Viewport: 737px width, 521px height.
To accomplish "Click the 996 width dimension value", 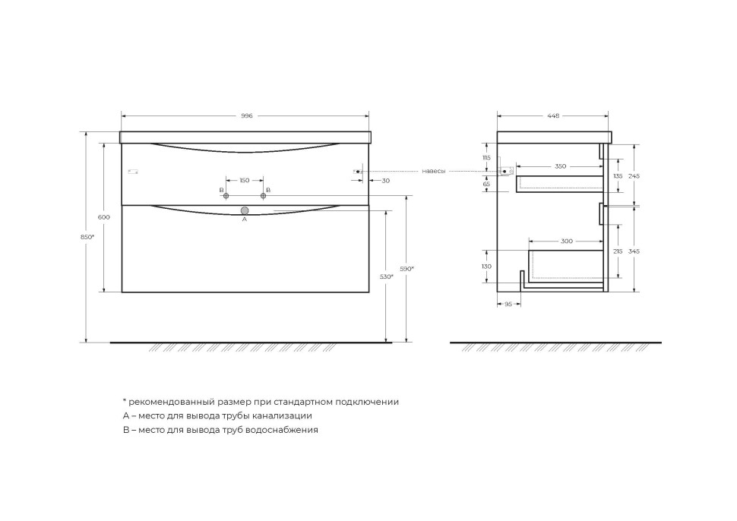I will coord(246,116).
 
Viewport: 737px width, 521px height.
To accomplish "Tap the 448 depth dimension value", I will coord(552,116).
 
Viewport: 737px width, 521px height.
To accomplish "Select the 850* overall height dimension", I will coord(87,237).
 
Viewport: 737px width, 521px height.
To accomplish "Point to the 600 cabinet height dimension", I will coord(104,217).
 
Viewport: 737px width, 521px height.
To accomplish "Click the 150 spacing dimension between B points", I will coord(245,181).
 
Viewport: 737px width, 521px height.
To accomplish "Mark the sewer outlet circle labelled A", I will coord(245,210).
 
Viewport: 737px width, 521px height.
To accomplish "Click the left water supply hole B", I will coord(226,196).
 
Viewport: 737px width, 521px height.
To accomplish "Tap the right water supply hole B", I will coord(264,196).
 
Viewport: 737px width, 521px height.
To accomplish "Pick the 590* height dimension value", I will coord(407,269).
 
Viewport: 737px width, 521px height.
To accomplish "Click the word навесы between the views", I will coord(433,172).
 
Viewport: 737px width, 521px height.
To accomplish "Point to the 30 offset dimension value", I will coord(386,181).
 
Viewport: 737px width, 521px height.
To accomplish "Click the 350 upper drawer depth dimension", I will coord(560,166).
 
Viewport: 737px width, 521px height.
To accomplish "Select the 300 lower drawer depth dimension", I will coord(566,241).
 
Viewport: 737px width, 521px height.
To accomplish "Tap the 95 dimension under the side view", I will coord(508,304).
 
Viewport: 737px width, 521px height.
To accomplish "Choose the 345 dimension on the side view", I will coord(634,251).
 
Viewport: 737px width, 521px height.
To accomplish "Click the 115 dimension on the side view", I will coord(486,157).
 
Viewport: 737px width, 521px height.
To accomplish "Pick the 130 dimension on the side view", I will coord(486,267).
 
